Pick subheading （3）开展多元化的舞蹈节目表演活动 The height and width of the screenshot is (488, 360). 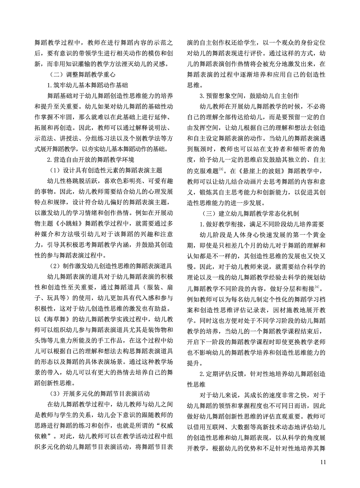point(99,394)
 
